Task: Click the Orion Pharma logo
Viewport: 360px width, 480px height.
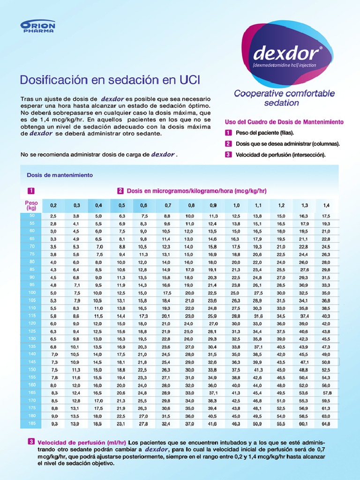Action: (x=38, y=26)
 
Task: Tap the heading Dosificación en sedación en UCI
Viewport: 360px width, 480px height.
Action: (x=110, y=80)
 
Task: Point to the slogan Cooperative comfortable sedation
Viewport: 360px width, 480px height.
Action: (x=285, y=98)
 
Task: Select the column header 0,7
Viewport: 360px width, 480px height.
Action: (x=167, y=205)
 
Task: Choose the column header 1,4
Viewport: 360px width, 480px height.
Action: (x=326, y=205)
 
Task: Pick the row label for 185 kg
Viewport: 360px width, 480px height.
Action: (x=32, y=423)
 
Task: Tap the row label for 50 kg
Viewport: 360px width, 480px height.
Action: (x=32, y=215)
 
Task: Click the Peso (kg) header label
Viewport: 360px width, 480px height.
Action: (x=31, y=205)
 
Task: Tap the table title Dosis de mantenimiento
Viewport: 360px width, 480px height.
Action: (x=60, y=175)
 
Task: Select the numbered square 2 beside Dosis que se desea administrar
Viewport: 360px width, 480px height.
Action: (x=228, y=144)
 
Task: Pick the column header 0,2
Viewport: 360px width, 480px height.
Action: (x=53, y=205)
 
